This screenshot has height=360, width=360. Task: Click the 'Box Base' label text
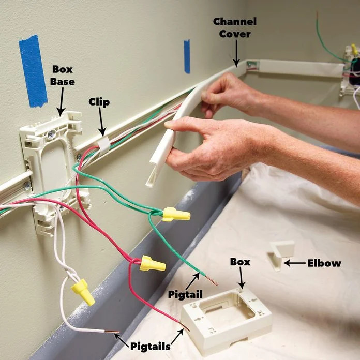click(x=62, y=75)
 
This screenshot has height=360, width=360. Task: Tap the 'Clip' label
click(x=99, y=102)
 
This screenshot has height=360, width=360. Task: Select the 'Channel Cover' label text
click(x=235, y=27)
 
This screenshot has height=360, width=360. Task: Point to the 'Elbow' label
click(x=325, y=263)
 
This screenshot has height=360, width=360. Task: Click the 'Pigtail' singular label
click(x=183, y=294)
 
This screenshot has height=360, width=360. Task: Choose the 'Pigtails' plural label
click(x=150, y=346)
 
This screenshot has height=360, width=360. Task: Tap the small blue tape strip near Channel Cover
click(x=187, y=56)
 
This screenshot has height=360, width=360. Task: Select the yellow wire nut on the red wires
click(x=153, y=264)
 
